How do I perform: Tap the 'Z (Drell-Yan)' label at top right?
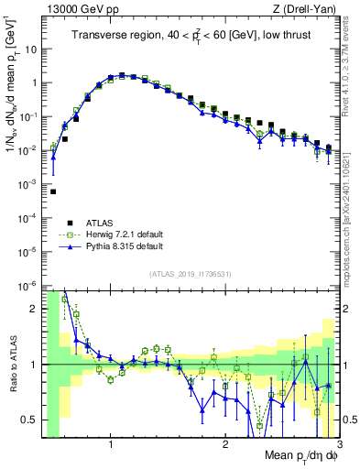tap(308, 9)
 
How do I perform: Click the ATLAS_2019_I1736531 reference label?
tap(190, 273)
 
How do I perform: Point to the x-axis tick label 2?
tap(225, 446)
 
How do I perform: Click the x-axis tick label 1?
tap(111, 446)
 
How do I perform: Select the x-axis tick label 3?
tap(338, 446)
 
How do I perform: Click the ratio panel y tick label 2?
tap(34, 309)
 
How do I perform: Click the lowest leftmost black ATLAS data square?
tap(53, 191)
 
